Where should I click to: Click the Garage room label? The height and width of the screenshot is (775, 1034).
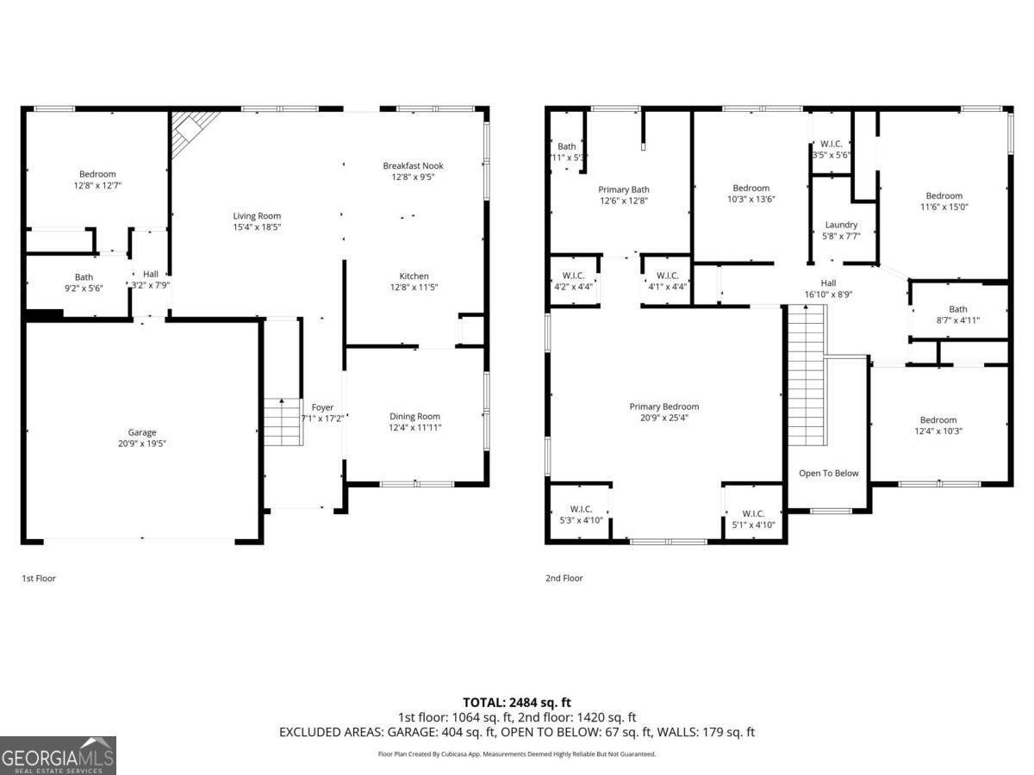pos(142,432)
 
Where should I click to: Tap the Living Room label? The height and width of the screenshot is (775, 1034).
pos(257,216)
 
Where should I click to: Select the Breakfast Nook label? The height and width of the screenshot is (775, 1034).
pos(414,165)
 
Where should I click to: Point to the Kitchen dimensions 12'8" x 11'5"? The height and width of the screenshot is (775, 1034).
pos(414,288)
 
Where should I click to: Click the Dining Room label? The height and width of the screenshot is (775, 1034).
pos(414,416)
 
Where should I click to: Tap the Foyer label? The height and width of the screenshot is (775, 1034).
pos(322,407)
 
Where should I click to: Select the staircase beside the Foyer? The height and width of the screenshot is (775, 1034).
pos(283,422)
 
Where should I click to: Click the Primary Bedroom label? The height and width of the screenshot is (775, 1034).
pos(663,406)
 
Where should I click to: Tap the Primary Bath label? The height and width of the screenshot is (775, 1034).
pos(624,189)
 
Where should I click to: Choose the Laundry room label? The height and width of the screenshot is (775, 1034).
pos(841,225)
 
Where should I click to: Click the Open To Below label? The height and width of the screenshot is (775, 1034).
pos(828,473)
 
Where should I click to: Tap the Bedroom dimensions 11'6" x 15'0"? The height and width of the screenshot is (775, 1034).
pos(944,207)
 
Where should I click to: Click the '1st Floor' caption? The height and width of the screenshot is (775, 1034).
pos(39,579)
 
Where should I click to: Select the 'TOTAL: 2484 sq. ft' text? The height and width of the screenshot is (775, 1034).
pos(517,703)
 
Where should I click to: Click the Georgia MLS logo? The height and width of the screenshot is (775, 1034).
pos(58,755)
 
